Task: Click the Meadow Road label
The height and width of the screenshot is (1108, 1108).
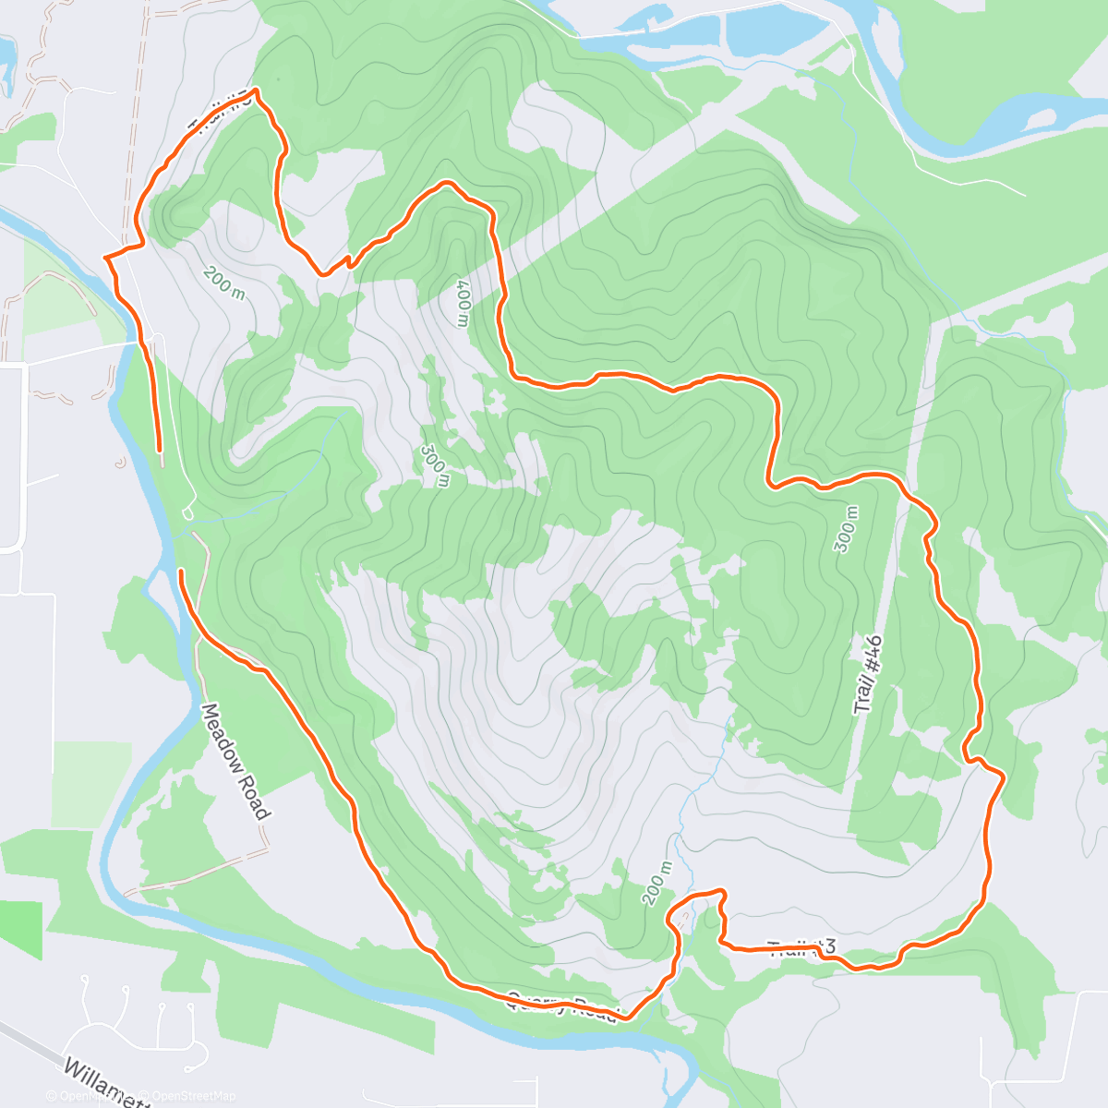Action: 235,762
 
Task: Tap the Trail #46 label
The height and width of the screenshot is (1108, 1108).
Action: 868,675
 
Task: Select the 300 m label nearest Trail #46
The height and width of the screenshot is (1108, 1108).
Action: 846,529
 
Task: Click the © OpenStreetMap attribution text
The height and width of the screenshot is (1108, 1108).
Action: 194,1096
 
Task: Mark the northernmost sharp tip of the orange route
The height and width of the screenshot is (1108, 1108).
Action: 255,90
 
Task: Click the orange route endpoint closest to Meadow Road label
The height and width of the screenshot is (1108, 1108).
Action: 181,572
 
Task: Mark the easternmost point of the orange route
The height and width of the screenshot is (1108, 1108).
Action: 1003,778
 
